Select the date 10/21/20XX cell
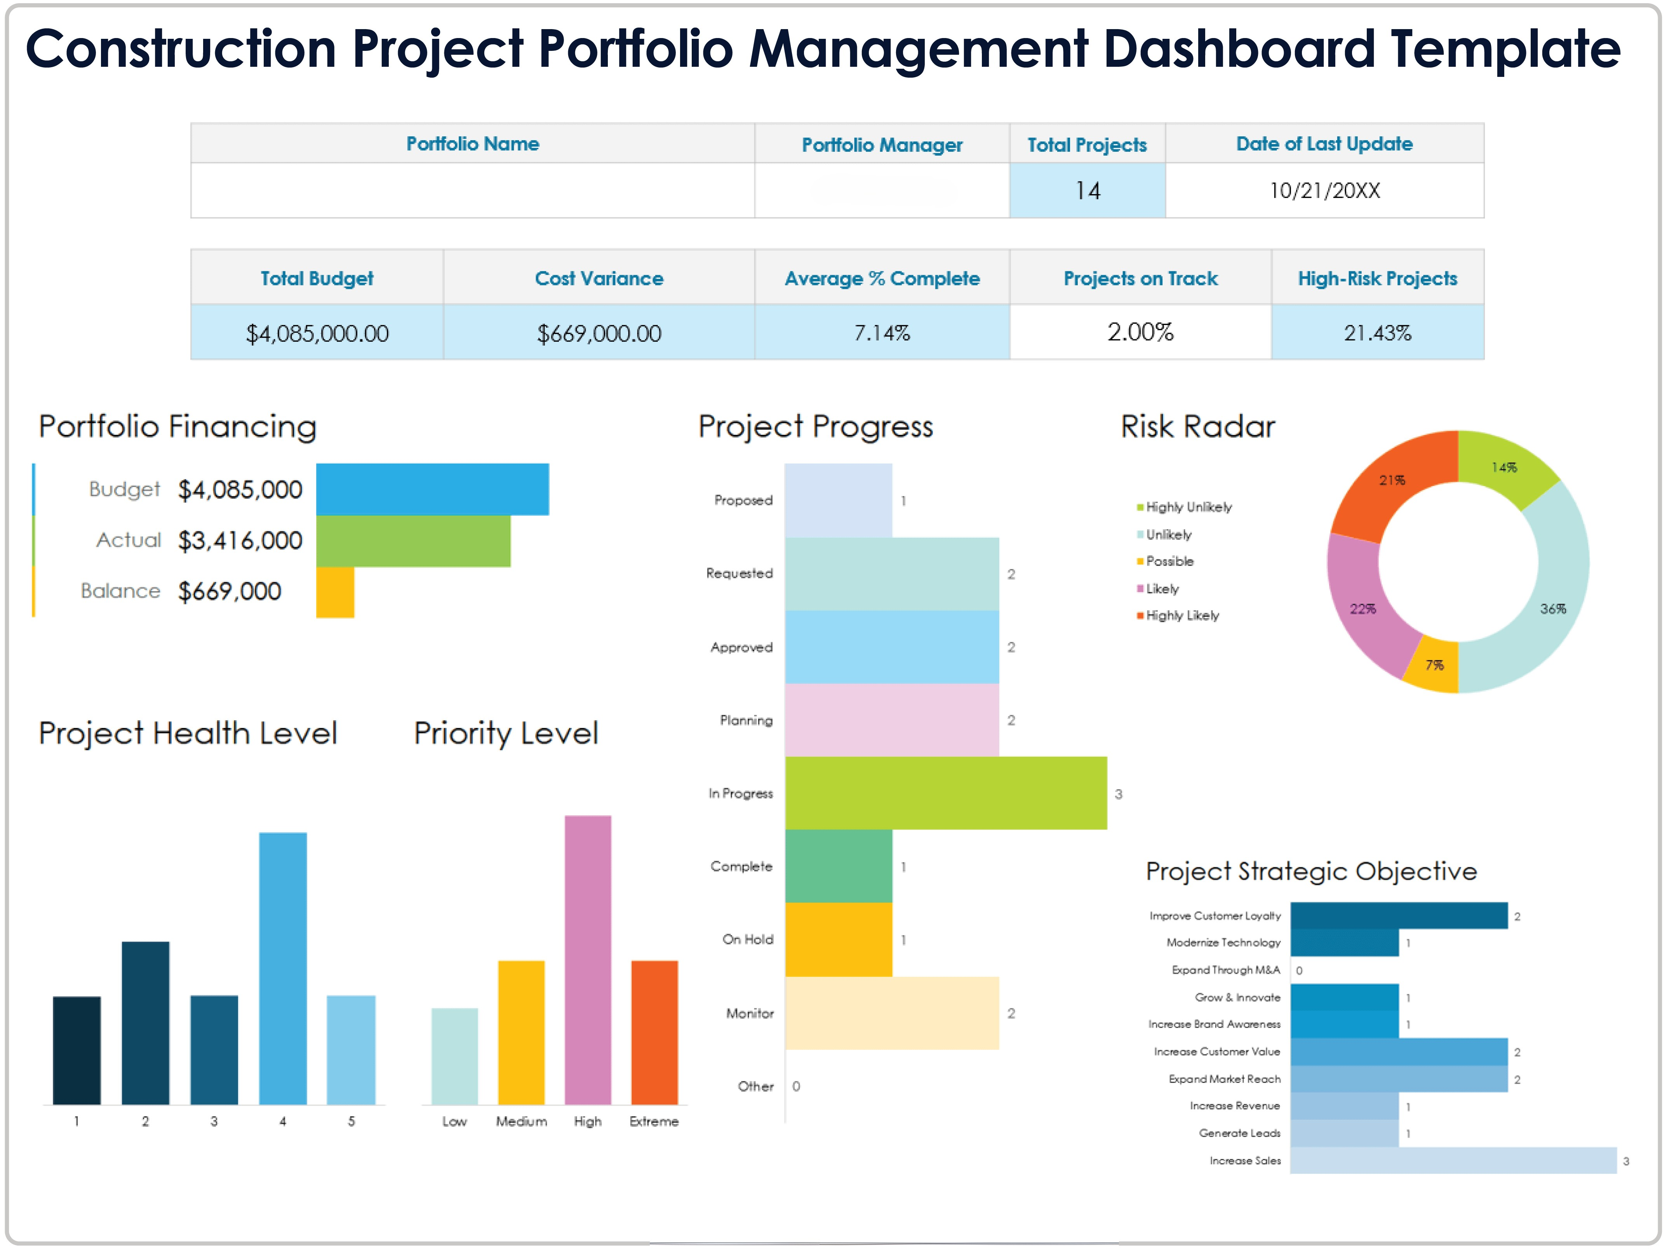click(x=1324, y=191)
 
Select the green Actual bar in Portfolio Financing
click(x=413, y=541)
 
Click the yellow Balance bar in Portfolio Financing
click(x=335, y=592)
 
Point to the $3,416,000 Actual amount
click(x=240, y=541)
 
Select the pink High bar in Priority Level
click(x=588, y=961)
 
